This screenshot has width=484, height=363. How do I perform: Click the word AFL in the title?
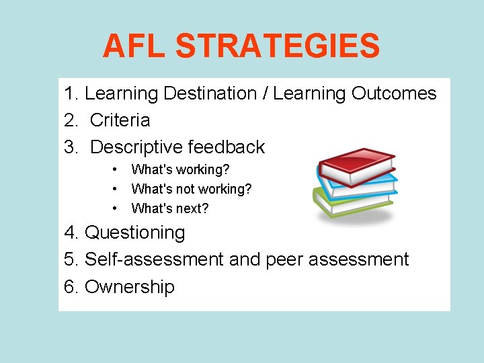(134, 46)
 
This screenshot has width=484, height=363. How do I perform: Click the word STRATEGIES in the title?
(278, 46)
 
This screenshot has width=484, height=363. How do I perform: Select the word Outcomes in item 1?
(394, 93)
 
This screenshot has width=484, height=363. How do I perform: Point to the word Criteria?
(120, 120)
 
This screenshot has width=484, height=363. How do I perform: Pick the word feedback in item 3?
(227, 147)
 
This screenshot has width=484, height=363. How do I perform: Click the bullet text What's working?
(180, 169)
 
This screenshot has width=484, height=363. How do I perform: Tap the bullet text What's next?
(170, 208)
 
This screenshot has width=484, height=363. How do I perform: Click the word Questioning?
(135, 233)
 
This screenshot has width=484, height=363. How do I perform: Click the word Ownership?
(130, 287)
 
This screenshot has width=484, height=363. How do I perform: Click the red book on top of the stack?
(356, 161)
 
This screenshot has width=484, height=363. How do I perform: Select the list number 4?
(70, 233)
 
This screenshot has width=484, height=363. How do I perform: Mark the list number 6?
(70, 287)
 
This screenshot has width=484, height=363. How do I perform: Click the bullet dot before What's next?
(116, 208)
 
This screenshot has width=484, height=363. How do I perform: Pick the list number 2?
(70, 120)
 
